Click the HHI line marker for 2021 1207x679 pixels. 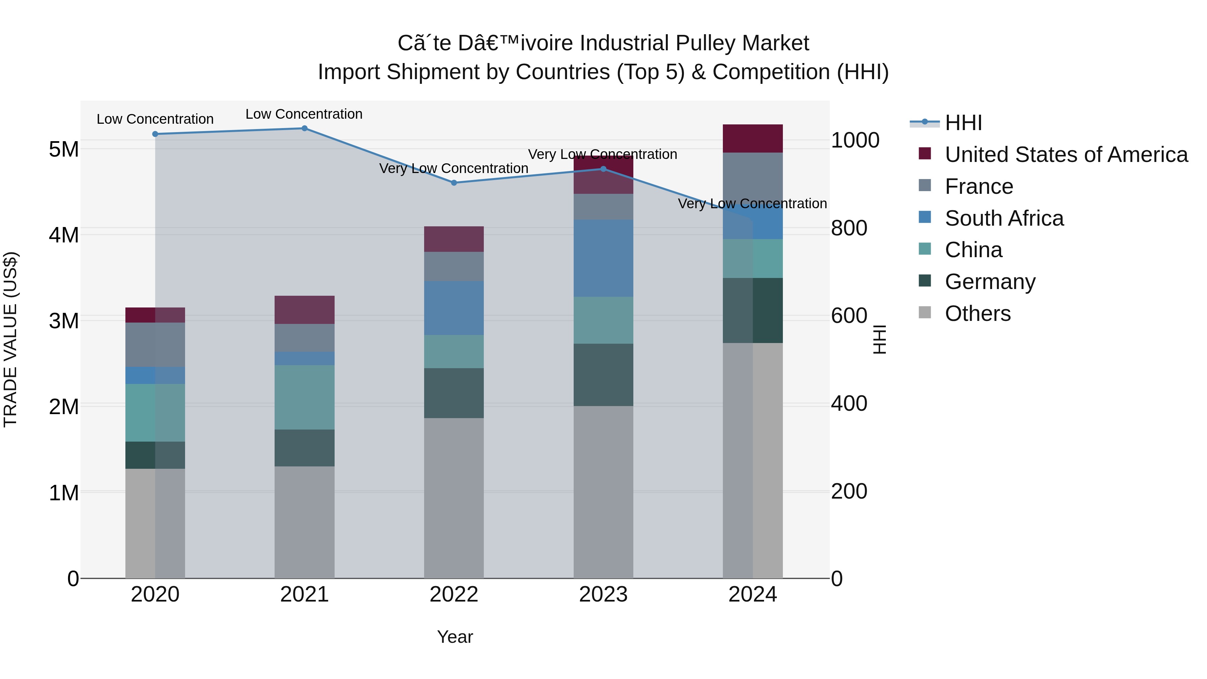tap(304, 128)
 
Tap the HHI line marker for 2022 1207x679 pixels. tap(454, 183)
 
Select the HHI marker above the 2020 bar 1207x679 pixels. tap(155, 134)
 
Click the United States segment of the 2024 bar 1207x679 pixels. tap(752, 139)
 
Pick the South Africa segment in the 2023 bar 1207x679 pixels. tap(603, 258)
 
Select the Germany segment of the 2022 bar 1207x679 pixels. tap(454, 393)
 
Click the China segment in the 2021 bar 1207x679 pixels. tap(304, 397)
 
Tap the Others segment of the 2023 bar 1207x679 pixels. tap(603, 492)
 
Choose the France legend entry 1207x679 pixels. tap(978, 186)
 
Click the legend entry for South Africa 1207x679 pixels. tap(1003, 218)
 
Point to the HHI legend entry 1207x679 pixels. tap(963, 123)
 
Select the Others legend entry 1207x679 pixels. tap(977, 314)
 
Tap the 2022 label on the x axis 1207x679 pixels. tap(454, 595)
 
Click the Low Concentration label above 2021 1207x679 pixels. tap(304, 114)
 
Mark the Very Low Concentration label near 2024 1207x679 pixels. tap(752, 204)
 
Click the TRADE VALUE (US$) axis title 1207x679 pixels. tap(10, 339)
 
